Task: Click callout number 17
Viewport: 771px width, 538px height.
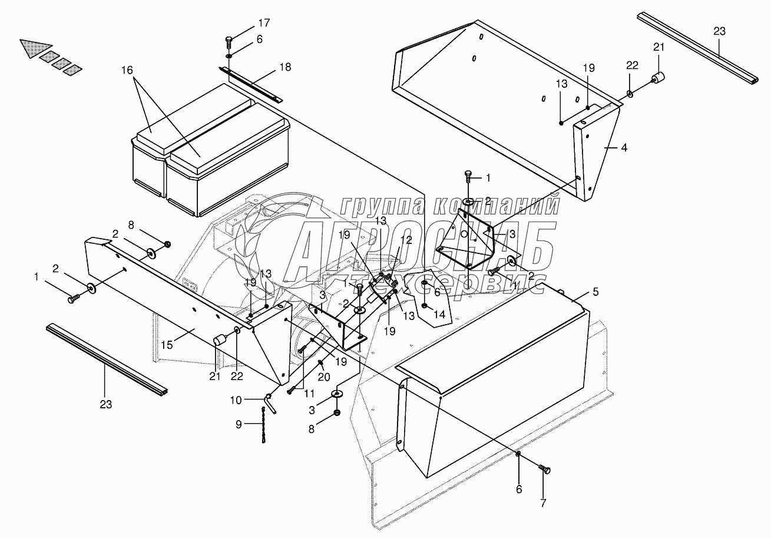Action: click(x=263, y=24)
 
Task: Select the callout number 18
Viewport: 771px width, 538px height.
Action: click(x=285, y=67)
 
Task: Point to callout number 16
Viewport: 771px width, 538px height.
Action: click(x=127, y=70)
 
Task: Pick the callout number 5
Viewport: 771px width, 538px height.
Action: click(x=595, y=291)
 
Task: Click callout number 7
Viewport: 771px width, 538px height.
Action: click(x=542, y=504)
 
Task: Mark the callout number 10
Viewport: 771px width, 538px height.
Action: click(x=236, y=401)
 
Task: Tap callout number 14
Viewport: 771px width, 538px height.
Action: click(x=440, y=315)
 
